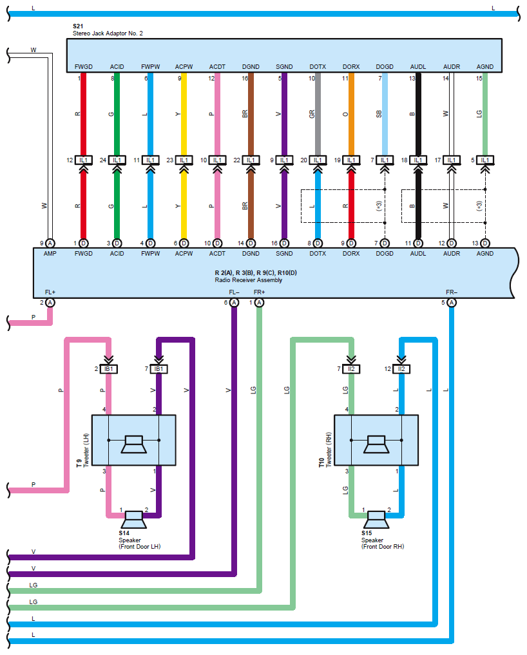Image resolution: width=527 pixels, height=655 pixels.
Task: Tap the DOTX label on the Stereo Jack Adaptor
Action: coord(317,67)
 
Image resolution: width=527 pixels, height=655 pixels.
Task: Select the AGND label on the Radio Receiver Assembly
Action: coord(484,254)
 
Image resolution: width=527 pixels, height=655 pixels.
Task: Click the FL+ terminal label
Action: coord(50,292)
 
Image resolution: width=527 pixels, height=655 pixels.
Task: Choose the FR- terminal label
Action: coord(451,292)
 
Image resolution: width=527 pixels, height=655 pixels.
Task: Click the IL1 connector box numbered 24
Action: coord(117,160)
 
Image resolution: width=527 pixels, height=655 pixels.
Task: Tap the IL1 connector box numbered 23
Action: coord(184,160)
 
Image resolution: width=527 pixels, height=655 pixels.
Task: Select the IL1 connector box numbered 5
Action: coord(485,160)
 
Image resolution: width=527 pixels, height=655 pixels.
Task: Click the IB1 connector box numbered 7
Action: coord(158,369)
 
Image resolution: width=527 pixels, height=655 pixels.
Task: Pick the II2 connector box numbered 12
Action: coord(402,369)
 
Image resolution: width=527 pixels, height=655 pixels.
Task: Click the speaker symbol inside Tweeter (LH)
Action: coord(133,441)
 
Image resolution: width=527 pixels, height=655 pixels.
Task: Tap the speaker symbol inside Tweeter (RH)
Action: coord(376,441)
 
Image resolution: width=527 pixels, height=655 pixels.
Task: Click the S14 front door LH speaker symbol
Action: coord(133,518)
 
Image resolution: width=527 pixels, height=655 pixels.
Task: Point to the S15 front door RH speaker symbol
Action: coord(376,518)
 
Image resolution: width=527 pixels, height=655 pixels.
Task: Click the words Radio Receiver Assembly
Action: coord(248,280)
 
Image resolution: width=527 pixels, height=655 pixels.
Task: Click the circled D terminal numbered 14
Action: coord(251,243)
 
